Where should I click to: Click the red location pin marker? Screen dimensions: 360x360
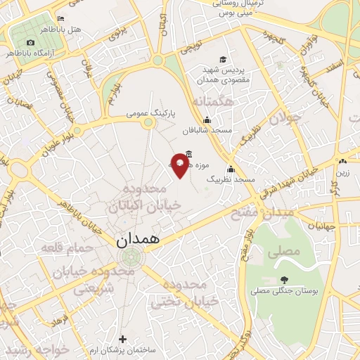coord(180,165)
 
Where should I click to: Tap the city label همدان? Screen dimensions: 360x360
coord(137,239)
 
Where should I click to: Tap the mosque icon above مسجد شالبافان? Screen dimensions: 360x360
coord(206,120)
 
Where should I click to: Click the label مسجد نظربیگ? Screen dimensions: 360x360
coord(229,179)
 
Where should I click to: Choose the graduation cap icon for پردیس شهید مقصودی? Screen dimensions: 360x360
coord(223,60)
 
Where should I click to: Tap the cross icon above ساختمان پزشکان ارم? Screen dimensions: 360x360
coord(123,338)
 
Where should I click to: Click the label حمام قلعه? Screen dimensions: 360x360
coord(62,247)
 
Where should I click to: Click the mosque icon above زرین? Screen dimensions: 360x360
coord(342,161)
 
